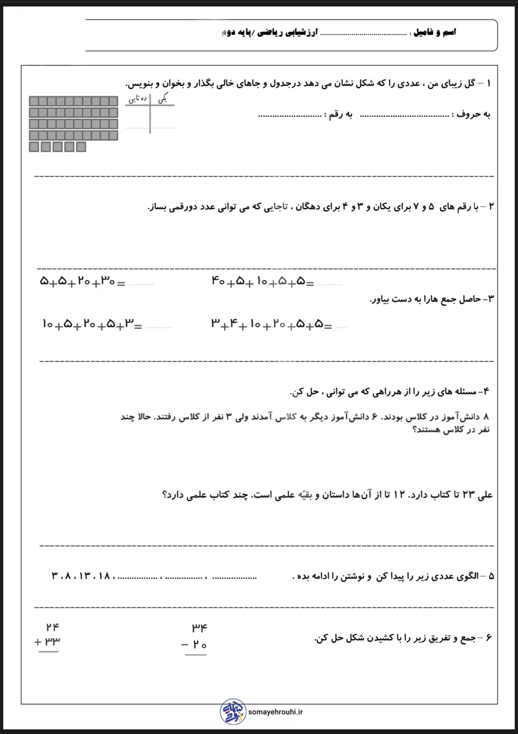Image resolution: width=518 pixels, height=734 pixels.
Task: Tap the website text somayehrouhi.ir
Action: [275, 712]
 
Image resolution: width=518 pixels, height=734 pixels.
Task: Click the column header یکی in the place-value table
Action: [163, 98]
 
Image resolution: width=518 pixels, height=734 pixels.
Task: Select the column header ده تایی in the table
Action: [138, 98]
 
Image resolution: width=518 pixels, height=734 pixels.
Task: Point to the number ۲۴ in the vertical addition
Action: [52, 627]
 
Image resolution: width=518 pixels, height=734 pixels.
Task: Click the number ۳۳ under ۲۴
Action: [52, 641]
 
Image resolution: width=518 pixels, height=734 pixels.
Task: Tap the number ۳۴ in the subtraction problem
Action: [200, 627]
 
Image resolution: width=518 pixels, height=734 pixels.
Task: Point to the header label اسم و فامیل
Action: [435, 32]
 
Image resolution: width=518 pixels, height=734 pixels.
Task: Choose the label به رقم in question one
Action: [338, 115]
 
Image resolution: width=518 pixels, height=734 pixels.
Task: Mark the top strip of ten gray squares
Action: [74, 101]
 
